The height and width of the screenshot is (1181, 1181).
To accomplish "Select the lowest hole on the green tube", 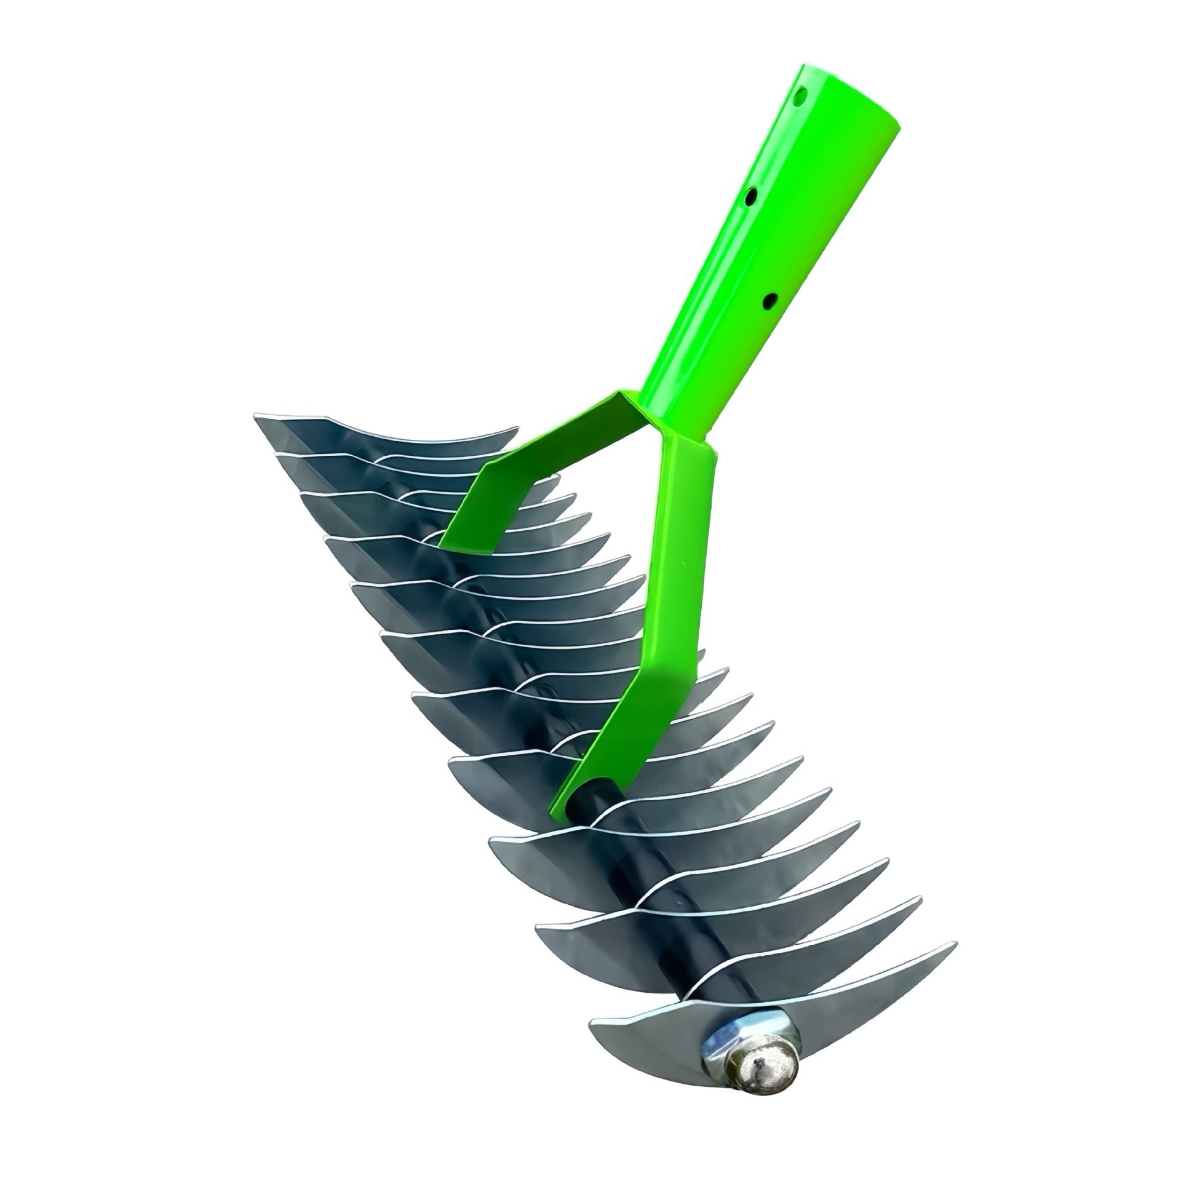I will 769,302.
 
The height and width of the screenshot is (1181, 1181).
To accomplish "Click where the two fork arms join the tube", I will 658,418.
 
